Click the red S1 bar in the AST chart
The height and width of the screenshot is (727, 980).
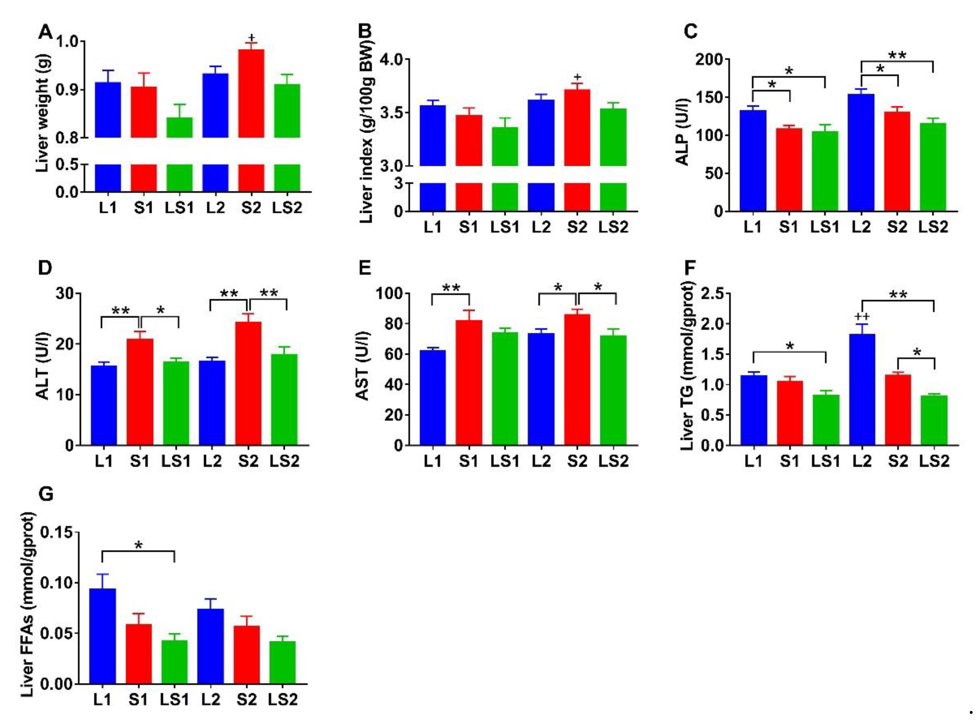(468, 383)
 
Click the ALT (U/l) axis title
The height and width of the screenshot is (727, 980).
(43, 366)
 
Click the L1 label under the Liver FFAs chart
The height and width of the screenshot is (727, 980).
(102, 699)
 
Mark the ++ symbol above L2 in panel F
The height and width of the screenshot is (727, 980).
(862, 317)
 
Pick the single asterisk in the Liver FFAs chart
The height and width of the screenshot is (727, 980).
(138, 546)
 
